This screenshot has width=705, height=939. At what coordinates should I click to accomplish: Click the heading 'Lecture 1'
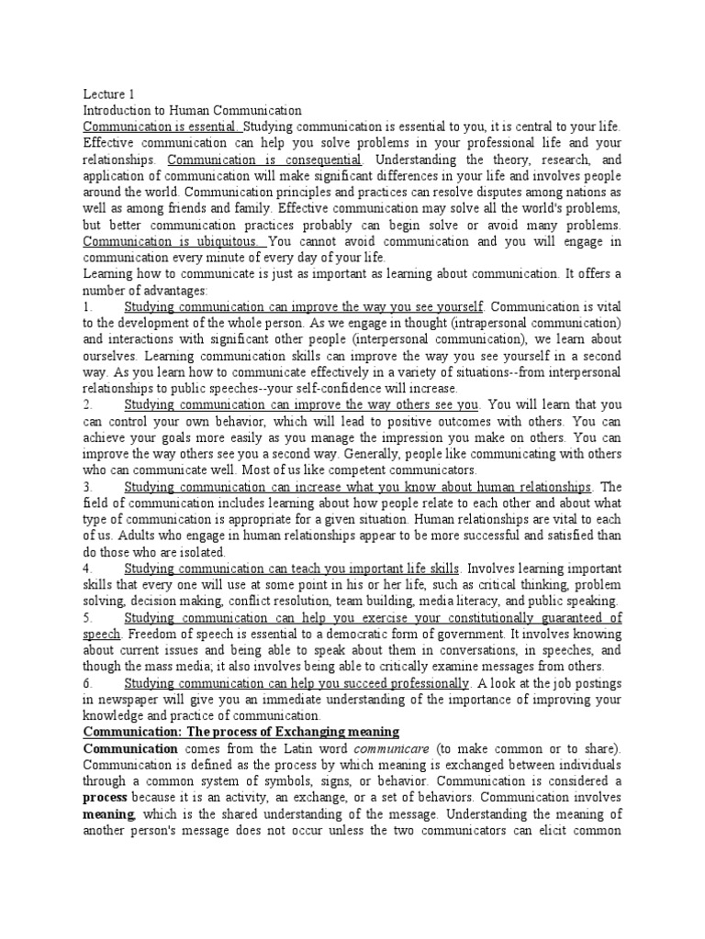(108, 93)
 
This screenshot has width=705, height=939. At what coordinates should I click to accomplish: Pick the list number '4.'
(88, 569)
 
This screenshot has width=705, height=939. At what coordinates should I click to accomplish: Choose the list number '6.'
(88, 683)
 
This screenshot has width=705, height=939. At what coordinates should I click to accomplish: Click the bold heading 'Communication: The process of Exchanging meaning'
(241, 732)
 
